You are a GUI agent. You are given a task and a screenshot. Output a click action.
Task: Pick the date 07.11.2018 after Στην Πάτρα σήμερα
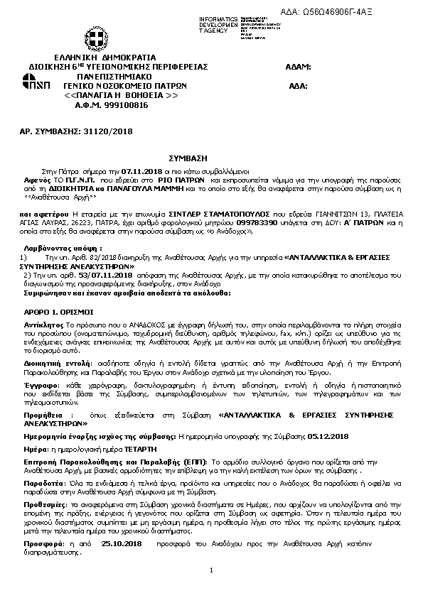point(142,171)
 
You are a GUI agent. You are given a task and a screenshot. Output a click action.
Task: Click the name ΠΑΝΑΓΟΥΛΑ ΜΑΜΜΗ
point(136,190)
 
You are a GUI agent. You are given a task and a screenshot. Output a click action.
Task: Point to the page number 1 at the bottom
point(211,570)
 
